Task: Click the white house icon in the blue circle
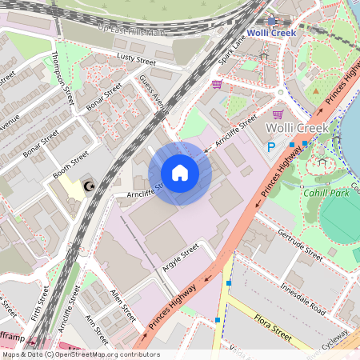point(180,173)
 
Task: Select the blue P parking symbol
point(271,146)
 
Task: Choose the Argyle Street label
point(180,259)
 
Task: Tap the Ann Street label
point(95,328)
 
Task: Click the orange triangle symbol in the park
point(317,91)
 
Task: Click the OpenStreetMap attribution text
point(80,354)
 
